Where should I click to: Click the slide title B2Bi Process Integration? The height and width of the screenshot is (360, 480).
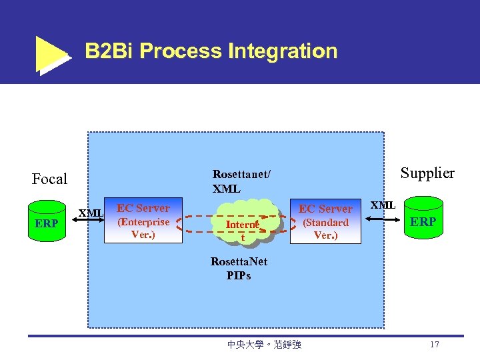pyautogui.click(x=211, y=51)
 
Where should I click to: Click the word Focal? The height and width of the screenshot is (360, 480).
pyautogui.click(x=50, y=179)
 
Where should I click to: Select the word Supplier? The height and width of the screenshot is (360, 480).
pyautogui.click(x=427, y=173)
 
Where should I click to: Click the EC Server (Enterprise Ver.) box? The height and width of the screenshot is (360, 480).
pyautogui.click(x=143, y=220)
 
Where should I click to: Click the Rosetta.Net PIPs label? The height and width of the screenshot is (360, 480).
pyautogui.click(x=239, y=268)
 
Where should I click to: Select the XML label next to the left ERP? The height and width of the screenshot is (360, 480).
pyautogui.click(x=91, y=213)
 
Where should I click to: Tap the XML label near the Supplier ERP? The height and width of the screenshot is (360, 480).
pyautogui.click(x=383, y=205)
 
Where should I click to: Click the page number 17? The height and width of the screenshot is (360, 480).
pyautogui.click(x=435, y=345)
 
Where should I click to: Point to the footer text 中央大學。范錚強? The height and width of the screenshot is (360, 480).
pyautogui.click(x=265, y=345)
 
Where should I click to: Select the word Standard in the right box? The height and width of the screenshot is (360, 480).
pyautogui.click(x=326, y=223)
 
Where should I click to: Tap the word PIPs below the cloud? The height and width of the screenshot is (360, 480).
pyautogui.click(x=239, y=275)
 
